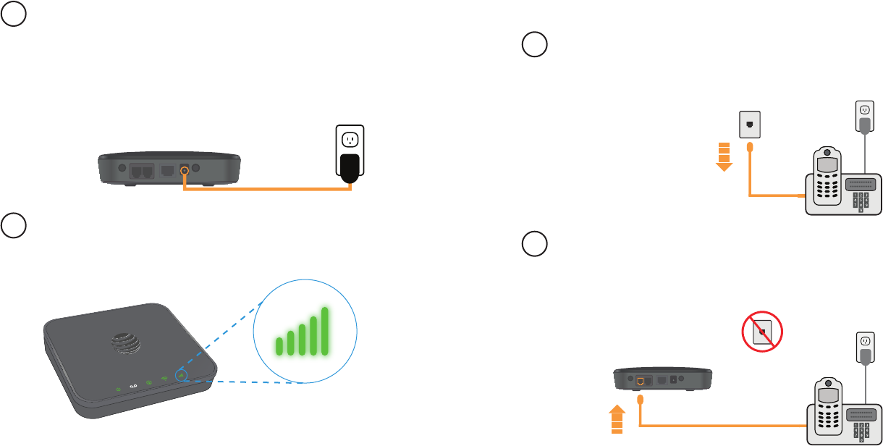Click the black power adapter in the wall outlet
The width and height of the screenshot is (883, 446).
(350, 166)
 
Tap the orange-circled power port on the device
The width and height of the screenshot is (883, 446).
(184, 172)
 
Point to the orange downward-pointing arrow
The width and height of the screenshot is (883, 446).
(724, 156)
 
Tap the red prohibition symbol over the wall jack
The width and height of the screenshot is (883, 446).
(763, 332)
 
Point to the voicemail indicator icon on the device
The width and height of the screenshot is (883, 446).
(132, 387)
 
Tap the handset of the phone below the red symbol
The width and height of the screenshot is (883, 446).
(826, 413)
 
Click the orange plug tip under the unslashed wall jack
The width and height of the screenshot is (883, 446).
(749, 148)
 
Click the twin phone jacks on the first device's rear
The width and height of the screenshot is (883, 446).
(138, 172)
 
